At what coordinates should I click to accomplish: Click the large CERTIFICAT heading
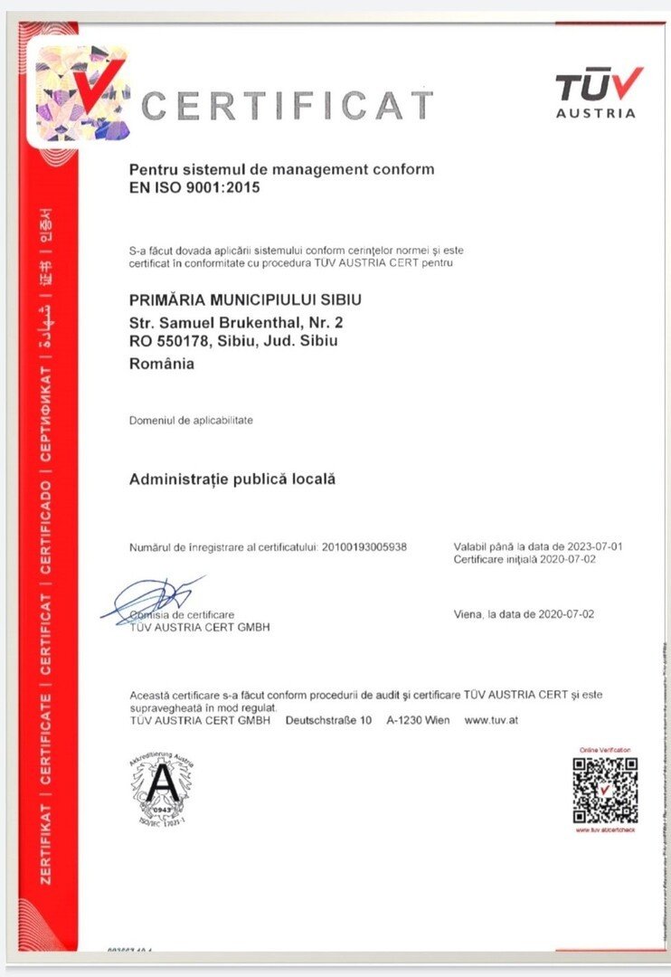pyautogui.click(x=287, y=106)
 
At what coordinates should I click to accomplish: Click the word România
pyautogui.click(x=162, y=365)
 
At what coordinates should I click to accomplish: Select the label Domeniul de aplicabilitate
pyautogui.click(x=191, y=421)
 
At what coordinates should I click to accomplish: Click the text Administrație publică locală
pyautogui.click(x=232, y=479)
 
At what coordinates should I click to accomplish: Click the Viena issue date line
pyautogui.click(x=524, y=614)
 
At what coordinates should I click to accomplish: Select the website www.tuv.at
pyautogui.click(x=491, y=720)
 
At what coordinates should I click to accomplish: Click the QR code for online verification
pyautogui.click(x=605, y=789)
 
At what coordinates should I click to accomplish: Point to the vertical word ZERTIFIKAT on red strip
pyautogui.click(x=46, y=843)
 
